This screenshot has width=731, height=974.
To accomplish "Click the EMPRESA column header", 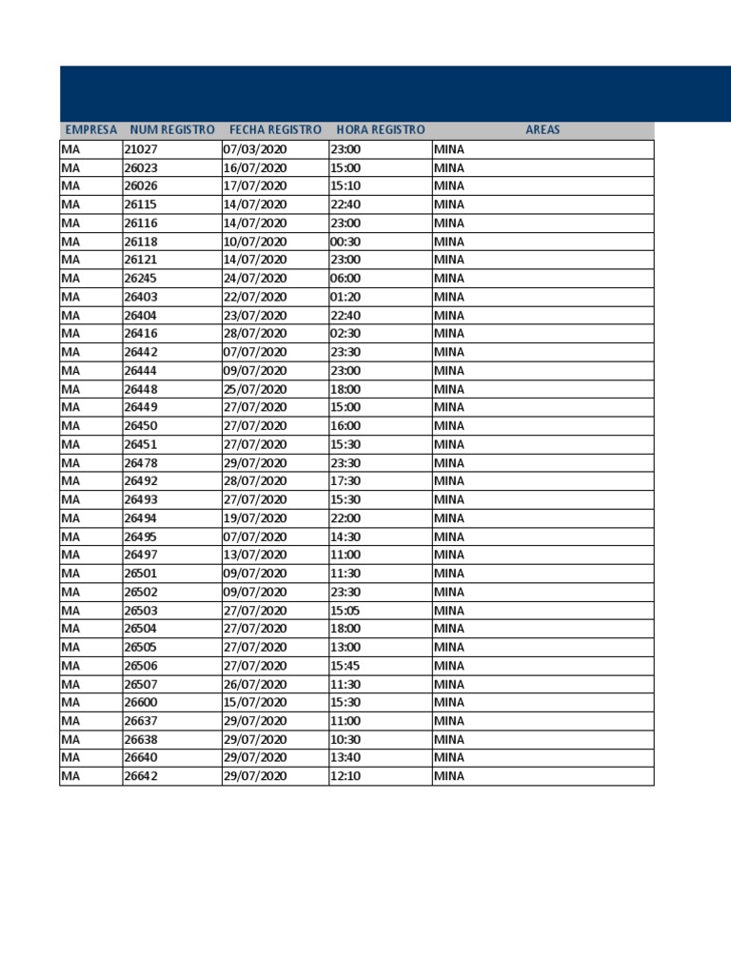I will pos(90,130).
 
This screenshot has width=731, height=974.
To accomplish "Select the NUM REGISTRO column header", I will pos(172,130).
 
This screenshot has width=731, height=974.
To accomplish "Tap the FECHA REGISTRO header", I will pos(275,130).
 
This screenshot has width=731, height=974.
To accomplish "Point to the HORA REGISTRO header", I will pos(381,130).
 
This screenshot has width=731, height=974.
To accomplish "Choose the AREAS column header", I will pos(543,130).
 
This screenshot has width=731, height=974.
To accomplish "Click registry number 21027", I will pos(141,149).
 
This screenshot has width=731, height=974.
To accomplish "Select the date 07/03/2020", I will pos(254,149).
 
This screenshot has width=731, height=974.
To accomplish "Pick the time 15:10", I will pos(346,186).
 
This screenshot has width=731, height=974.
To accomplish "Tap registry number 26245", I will pos(141,279).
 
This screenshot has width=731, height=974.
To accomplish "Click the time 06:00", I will pos(346,279).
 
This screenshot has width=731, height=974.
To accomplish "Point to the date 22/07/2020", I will pos(254,297).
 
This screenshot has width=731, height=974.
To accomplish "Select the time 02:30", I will pos(346,334).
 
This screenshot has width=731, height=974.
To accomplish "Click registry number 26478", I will pos(141,463).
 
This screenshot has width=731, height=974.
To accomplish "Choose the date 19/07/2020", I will pos(254,518).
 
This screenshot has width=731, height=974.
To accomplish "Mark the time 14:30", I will pos(346,536).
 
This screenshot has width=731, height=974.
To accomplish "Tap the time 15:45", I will pos(346,666).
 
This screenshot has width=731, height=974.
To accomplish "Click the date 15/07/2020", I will pos(254,703).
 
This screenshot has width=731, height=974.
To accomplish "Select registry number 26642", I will pos(141,776).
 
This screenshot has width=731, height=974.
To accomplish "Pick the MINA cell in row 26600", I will pos(449,703).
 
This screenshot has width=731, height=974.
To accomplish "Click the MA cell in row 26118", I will pos(71,242).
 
